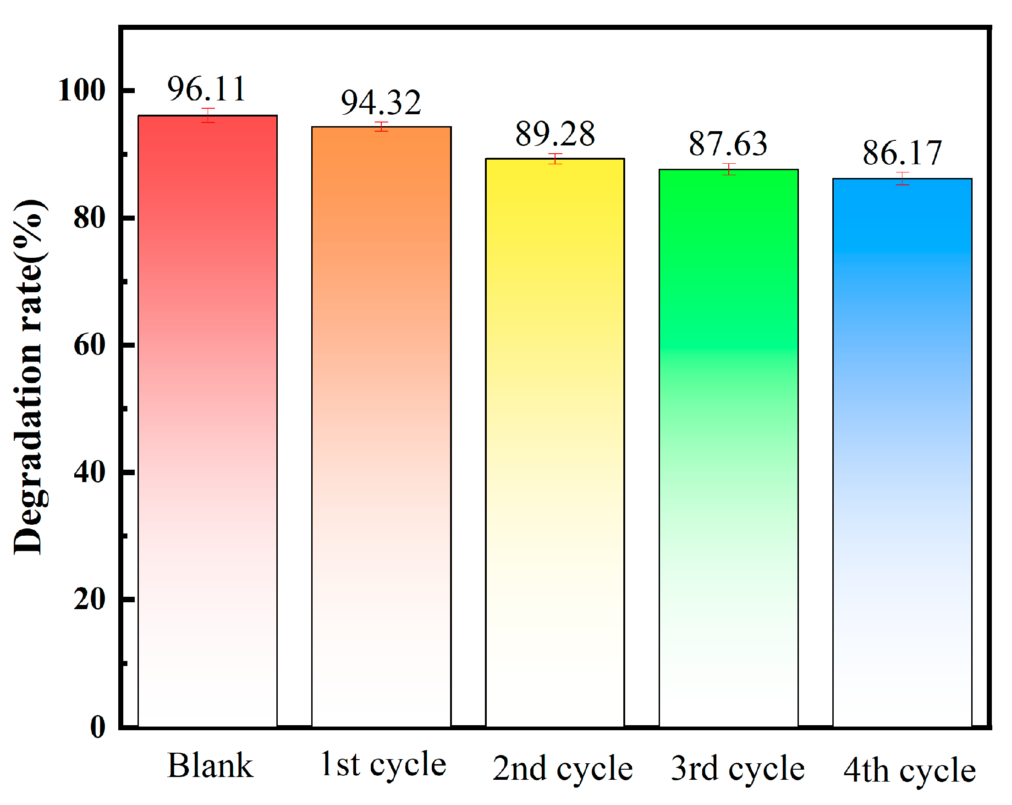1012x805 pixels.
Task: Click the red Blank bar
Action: click(x=208, y=423)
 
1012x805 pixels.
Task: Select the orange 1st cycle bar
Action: click(x=381, y=427)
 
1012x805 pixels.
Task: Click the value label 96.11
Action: click(x=207, y=89)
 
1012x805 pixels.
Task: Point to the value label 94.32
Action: click(x=381, y=102)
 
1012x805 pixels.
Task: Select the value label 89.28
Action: click(x=555, y=134)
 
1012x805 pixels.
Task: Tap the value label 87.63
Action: click(x=728, y=144)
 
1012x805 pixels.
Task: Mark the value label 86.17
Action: click(x=902, y=153)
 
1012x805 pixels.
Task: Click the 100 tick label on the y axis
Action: click(x=81, y=90)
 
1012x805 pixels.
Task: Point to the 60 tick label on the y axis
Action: click(x=89, y=345)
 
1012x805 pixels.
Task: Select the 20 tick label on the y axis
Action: click(x=89, y=600)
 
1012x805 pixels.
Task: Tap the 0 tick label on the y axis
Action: click(x=98, y=727)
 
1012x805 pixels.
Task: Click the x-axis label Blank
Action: click(x=210, y=766)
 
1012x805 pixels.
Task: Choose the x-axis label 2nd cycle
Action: click(x=562, y=769)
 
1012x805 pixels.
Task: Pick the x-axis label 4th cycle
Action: click(x=909, y=771)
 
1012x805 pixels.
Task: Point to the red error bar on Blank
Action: click(x=208, y=115)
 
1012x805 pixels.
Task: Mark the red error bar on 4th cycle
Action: click(x=902, y=178)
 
